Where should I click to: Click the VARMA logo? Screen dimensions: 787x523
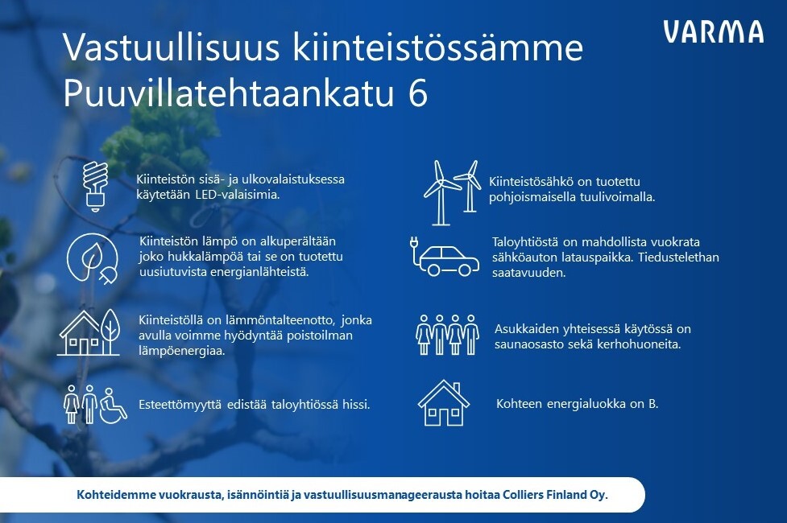coord(713,32)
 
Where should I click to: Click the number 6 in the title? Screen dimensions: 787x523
coord(417,93)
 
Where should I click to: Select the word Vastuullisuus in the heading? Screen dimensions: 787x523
coord(171,47)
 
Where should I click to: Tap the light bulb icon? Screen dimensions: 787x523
coord(95,186)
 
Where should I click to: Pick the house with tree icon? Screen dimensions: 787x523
coord(89,332)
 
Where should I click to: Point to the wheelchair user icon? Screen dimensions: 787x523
coord(114,406)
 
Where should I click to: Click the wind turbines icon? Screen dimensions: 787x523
coord(452,192)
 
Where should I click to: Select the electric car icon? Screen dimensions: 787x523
coord(445,257)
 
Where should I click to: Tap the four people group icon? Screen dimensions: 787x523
coord(447,335)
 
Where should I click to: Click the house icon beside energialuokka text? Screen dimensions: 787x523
coord(444,403)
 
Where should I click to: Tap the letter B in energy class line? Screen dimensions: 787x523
coord(652,404)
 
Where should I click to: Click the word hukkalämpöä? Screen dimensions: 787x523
coord(201,257)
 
